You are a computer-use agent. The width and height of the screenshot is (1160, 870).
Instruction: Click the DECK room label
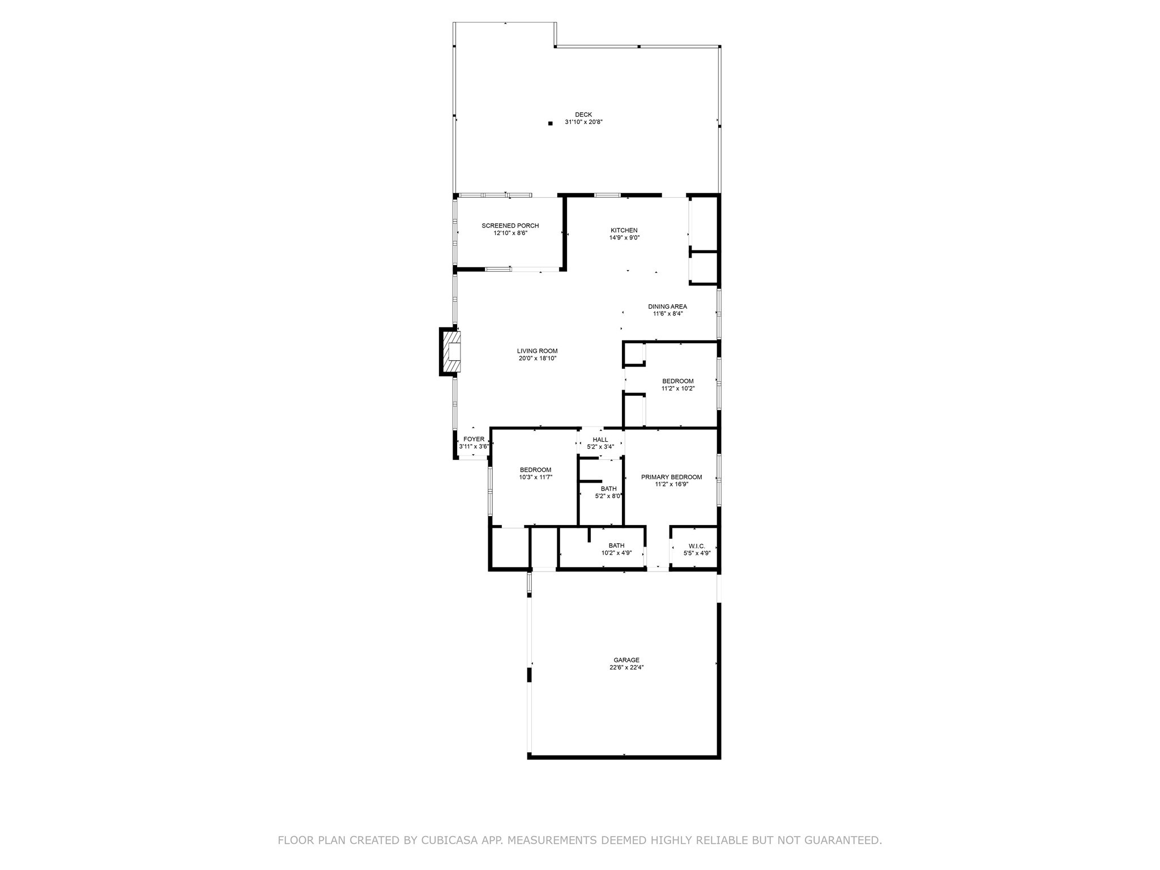coord(583,114)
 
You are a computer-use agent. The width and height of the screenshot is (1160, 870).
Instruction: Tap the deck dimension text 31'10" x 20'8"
coord(583,122)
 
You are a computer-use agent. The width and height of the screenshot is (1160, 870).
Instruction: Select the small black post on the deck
coord(550,123)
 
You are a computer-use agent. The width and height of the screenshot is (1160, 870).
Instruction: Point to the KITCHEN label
coord(624,230)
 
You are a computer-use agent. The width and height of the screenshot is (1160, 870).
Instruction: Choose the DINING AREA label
coord(667,306)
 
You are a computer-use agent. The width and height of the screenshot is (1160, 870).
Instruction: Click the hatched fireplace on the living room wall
coord(452,352)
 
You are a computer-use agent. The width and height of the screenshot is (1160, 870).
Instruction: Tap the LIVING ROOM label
coord(537,351)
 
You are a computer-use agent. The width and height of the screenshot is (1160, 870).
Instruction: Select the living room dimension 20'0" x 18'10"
coord(537,358)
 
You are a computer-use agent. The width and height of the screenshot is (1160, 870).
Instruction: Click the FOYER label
coord(474,439)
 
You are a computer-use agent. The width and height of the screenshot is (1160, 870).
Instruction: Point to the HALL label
coord(600,440)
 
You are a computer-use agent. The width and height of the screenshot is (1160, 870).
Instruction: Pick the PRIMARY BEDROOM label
coord(671,477)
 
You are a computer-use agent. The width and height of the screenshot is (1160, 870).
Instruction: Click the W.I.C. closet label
coord(697,546)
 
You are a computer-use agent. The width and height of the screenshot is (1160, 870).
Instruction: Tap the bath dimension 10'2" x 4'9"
coord(616,553)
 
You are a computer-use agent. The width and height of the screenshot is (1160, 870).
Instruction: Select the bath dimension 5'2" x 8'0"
coord(609,496)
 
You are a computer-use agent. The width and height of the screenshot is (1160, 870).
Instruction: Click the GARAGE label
coord(626,660)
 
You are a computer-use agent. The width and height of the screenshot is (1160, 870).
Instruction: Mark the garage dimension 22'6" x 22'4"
coord(626,667)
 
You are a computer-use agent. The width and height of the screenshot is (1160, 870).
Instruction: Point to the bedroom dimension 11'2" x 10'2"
coord(678,389)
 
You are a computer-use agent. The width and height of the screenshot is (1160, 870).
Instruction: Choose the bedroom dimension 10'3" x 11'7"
coord(535,477)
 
